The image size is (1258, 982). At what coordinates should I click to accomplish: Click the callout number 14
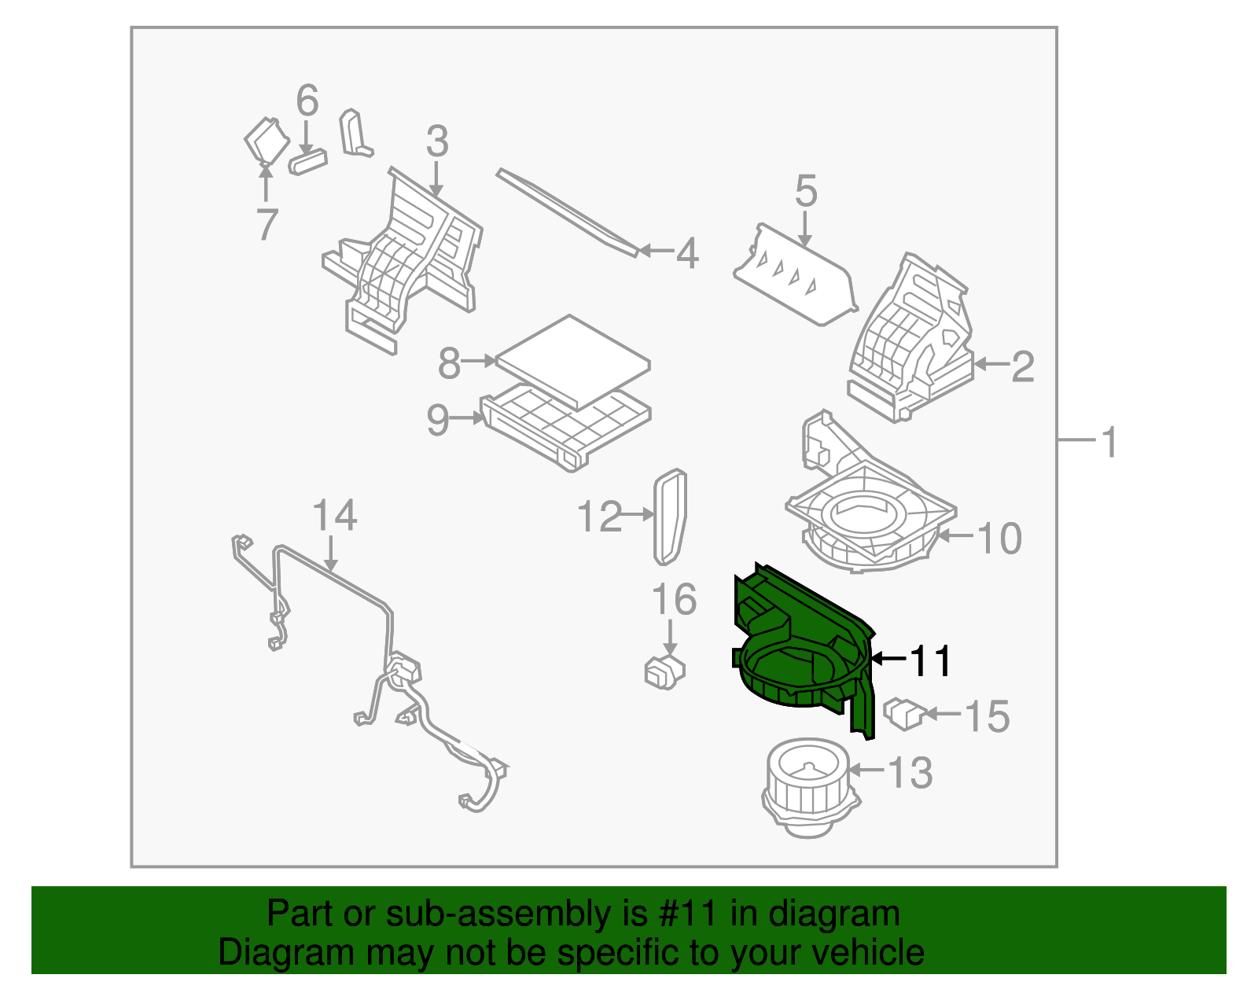tap(334, 516)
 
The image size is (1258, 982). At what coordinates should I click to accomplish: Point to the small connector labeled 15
tap(904, 714)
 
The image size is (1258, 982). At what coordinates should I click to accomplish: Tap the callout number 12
tap(599, 517)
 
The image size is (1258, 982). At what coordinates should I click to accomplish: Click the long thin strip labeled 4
tap(566, 211)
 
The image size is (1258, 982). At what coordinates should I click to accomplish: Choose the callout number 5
tap(806, 192)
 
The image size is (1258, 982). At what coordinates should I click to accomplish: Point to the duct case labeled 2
tap(912, 338)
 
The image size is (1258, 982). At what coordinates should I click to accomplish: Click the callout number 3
tap(437, 142)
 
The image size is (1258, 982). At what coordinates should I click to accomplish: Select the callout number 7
tap(267, 225)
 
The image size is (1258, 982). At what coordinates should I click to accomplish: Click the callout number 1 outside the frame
tap(1109, 443)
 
